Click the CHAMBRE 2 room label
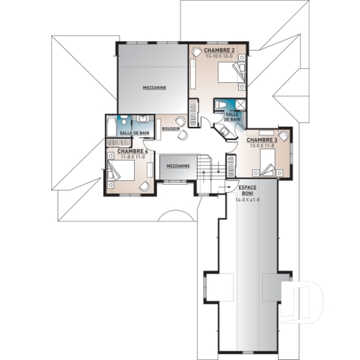click(219, 50)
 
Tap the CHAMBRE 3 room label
click(262, 139)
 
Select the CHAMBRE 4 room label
click(122, 151)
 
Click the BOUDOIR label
click(171, 128)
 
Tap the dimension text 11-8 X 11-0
click(122, 158)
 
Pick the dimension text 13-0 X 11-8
click(262, 146)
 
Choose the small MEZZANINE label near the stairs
click(178, 166)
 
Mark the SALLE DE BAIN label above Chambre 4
click(134, 133)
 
